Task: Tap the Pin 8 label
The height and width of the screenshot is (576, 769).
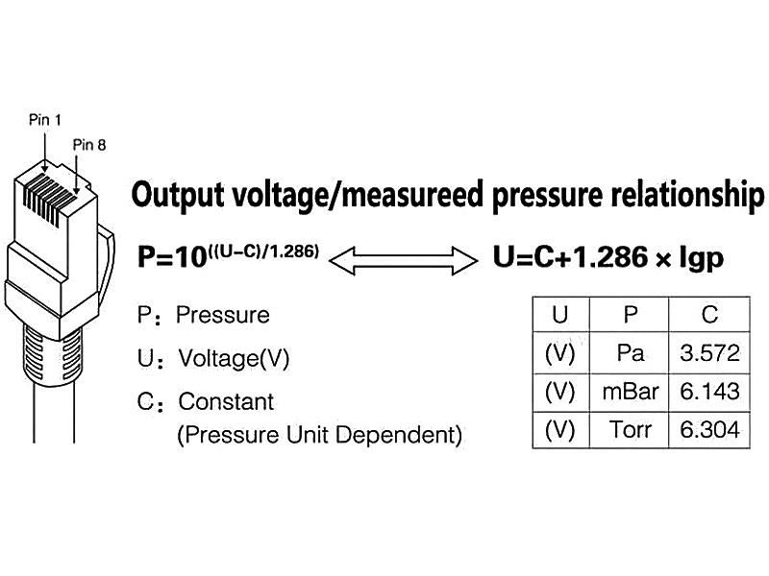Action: click(88, 145)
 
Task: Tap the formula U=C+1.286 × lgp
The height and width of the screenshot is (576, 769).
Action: click(608, 257)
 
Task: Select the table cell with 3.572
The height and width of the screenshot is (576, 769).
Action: click(709, 353)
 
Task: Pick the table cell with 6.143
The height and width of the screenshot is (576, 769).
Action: click(709, 391)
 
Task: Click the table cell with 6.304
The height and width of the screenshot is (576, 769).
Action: click(709, 429)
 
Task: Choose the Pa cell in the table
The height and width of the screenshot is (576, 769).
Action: click(630, 353)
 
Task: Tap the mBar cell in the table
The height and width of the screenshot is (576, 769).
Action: click(630, 391)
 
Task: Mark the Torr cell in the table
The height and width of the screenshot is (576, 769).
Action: click(630, 429)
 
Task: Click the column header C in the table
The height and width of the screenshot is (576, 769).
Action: click(709, 315)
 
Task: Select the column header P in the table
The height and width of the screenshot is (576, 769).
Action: click(630, 315)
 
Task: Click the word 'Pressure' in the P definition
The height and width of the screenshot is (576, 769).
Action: click(223, 315)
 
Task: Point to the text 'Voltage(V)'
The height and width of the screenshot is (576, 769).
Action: click(234, 359)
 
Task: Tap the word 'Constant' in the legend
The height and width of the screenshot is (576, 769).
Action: click(226, 401)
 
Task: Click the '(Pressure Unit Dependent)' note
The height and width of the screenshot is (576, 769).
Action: click(319, 435)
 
